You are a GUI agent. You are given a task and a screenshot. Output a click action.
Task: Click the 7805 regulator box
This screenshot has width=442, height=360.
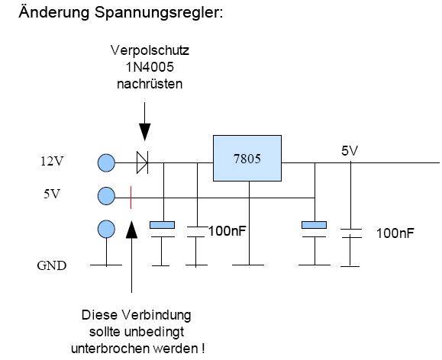point(247,158)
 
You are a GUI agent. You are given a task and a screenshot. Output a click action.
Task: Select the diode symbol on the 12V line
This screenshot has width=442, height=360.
point(141,162)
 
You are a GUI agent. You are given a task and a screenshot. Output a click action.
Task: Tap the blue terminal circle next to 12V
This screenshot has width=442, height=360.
point(107,162)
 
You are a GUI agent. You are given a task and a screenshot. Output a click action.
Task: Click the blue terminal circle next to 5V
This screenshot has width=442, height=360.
point(107,197)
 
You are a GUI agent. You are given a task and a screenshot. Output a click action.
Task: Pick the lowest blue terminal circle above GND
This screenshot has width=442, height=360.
point(107,229)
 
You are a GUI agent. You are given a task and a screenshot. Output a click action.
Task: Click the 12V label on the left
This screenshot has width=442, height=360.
point(52,162)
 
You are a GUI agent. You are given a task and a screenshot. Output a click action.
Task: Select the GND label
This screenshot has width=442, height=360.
point(52,266)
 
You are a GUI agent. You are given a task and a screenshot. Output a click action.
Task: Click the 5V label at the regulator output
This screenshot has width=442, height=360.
point(350,151)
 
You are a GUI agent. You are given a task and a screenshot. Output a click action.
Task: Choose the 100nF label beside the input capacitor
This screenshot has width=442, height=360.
point(227,230)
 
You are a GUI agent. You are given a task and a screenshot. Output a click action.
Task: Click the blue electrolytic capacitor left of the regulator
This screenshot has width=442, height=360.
point(162,225)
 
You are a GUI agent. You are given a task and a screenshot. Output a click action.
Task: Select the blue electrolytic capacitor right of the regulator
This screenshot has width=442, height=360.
point(314,225)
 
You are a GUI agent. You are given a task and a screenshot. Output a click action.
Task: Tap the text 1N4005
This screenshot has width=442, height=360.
point(150,67)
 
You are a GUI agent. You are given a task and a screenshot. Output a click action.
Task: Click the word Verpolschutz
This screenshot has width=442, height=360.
point(150,51)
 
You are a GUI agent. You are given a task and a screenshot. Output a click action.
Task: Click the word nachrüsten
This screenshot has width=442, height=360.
point(150,83)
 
